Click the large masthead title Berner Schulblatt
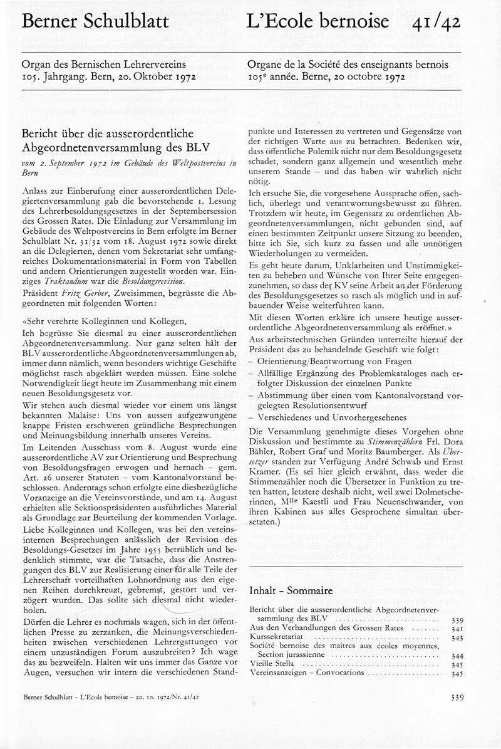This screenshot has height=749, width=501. (95, 22)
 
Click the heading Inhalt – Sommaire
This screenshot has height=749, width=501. (291, 590)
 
